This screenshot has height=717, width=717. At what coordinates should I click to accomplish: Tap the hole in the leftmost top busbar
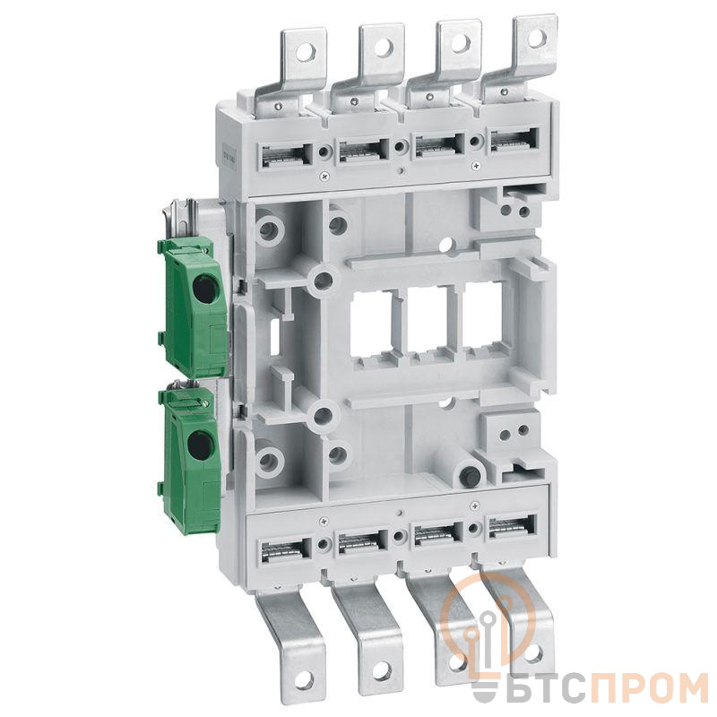304,52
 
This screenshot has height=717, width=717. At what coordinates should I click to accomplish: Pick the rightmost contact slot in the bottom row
513,527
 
